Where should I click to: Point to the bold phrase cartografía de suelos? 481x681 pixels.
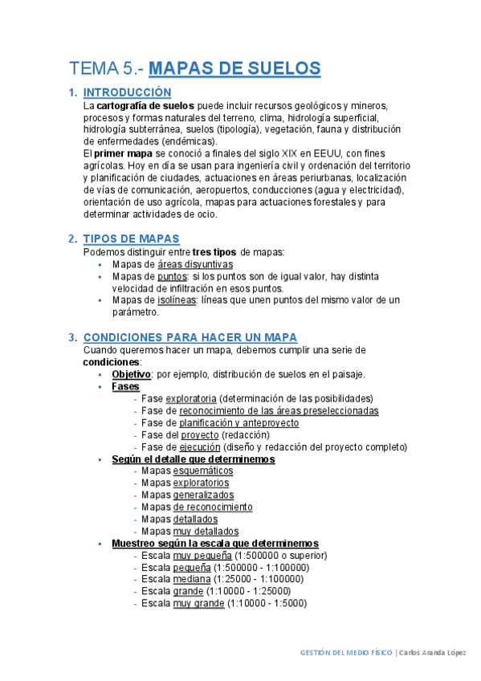pos(145,105)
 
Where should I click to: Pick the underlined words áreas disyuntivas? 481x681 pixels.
pos(195,263)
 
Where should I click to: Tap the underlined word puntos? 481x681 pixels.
pos(172,275)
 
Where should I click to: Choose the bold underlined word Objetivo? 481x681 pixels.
pos(131,374)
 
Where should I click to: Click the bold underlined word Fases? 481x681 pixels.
pos(125,386)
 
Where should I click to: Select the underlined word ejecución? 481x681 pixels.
pos(200,447)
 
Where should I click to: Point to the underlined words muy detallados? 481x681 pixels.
pos(206,532)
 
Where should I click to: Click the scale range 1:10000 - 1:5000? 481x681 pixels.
pos(267,603)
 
